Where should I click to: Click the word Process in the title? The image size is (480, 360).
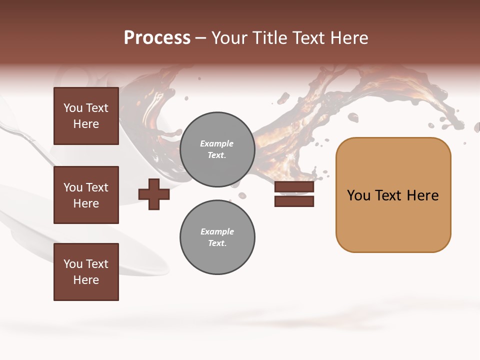[x=157, y=38]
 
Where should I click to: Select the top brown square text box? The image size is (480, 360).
[x=86, y=116]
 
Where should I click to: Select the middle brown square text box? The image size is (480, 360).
[x=86, y=195]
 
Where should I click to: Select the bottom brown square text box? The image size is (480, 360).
[x=86, y=272]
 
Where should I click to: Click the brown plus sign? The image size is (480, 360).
[x=153, y=194]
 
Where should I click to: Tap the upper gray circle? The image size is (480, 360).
[x=217, y=149]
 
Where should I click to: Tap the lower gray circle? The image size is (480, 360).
[x=217, y=237]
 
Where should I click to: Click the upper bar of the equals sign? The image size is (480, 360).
[x=294, y=187]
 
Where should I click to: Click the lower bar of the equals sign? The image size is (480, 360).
[x=294, y=201]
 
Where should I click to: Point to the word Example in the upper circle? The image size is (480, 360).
[x=216, y=143]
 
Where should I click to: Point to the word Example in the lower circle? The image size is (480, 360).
[x=216, y=231]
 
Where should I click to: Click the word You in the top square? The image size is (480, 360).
[x=73, y=108]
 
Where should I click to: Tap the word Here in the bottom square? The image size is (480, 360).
[x=86, y=280]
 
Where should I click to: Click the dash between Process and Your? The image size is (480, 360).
[x=201, y=38]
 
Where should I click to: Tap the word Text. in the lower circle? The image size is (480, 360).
[x=217, y=243]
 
